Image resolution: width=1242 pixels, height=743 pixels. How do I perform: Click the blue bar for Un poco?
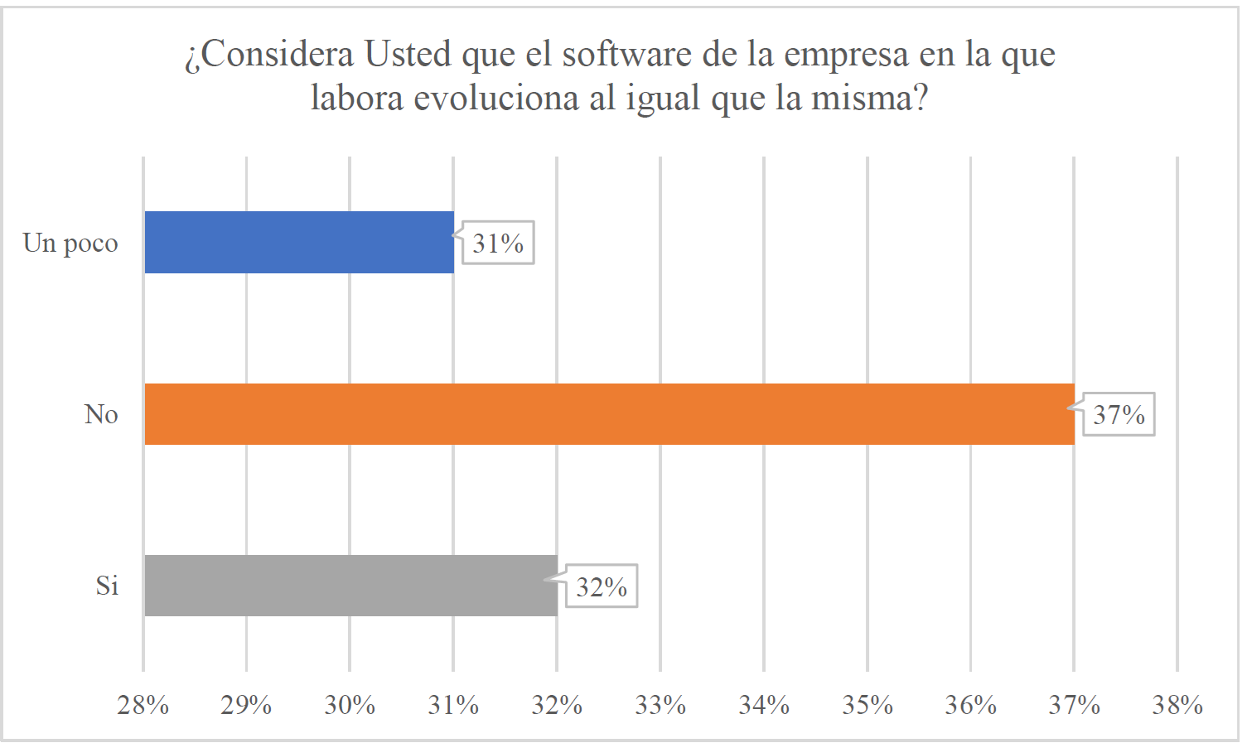pyautogui.click(x=299, y=242)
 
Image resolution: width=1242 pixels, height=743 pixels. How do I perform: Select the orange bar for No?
pyautogui.click(x=609, y=414)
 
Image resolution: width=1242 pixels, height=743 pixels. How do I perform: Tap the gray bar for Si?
pyautogui.click(x=350, y=586)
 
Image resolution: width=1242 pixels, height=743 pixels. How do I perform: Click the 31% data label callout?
pyautogui.click(x=498, y=244)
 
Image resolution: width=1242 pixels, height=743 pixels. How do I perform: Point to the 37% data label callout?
pyautogui.click(x=1119, y=414)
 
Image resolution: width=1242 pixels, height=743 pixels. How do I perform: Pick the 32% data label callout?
pyautogui.click(x=602, y=586)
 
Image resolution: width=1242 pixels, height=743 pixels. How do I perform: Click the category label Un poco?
pyautogui.click(x=70, y=244)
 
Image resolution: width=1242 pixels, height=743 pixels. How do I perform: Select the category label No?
pyautogui.click(x=101, y=414)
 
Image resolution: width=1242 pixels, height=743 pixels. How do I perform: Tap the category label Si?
pyautogui.click(x=107, y=586)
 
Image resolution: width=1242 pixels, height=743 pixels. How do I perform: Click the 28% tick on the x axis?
pyautogui.click(x=143, y=705)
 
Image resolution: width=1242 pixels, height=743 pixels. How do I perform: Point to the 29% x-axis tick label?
pyautogui.click(x=246, y=705)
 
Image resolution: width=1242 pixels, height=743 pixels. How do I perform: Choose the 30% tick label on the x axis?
pyautogui.click(x=350, y=705)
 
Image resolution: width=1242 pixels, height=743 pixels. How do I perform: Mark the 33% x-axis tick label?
pyautogui.click(x=660, y=705)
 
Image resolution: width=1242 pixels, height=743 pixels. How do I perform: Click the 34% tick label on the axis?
pyautogui.click(x=764, y=705)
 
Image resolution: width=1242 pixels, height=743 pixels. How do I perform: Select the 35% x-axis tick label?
pyautogui.click(x=867, y=705)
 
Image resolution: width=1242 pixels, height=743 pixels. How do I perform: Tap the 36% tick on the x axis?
pyautogui.click(x=970, y=705)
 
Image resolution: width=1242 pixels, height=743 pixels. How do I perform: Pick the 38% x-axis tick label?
pyautogui.click(x=1177, y=705)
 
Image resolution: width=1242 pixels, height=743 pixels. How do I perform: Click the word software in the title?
pyautogui.click(x=626, y=55)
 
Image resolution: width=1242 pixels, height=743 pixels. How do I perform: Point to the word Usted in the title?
pyautogui.click(x=408, y=55)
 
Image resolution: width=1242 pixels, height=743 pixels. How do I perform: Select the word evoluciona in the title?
pyautogui.click(x=496, y=99)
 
